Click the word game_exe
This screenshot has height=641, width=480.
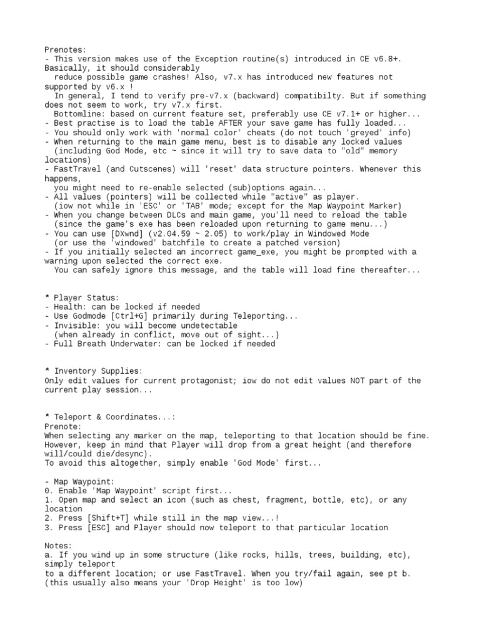click(235, 252)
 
